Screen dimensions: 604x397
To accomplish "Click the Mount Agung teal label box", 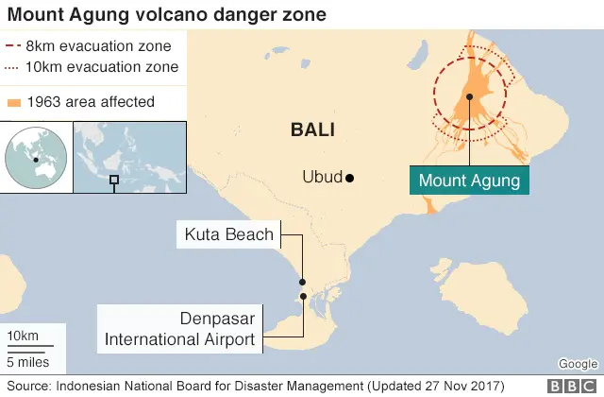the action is [x=468, y=180].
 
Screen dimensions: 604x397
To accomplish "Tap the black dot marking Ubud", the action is [x=349, y=178].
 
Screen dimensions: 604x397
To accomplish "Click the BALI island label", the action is [x=313, y=129].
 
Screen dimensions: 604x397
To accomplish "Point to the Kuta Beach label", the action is [x=229, y=234].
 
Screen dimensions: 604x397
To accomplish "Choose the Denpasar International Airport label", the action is [x=180, y=329].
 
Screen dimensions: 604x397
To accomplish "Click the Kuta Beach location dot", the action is [x=302, y=282].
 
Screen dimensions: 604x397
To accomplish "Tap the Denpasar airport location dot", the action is [x=303, y=297].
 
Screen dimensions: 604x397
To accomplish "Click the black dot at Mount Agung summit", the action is [x=469, y=95].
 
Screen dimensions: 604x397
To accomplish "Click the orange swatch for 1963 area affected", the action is [x=12, y=102].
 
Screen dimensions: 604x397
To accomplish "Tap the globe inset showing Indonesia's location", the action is [x=35, y=158].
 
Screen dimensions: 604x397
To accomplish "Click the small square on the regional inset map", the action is [x=114, y=180].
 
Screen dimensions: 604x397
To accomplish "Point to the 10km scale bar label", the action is [x=23, y=337].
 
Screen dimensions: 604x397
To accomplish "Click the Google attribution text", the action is [x=578, y=364].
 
